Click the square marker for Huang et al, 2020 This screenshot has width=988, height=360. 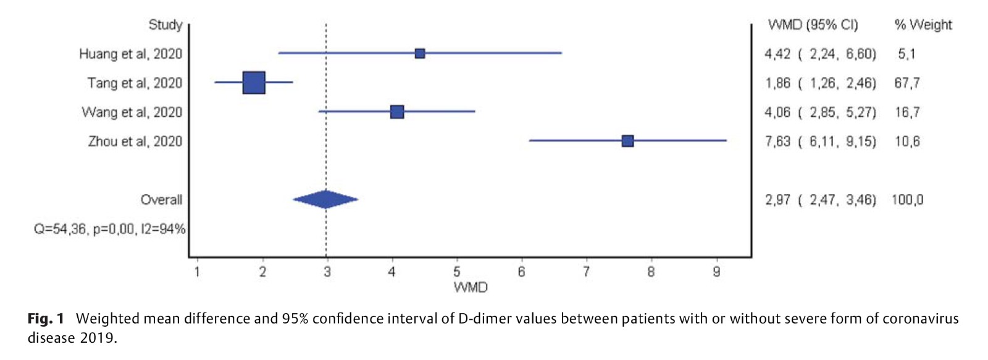click(420, 54)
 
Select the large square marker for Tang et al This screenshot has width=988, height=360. click(254, 83)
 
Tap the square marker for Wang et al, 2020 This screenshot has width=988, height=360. click(397, 112)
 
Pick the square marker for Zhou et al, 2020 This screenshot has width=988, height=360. click(627, 141)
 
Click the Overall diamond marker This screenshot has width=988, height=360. click(325, 199)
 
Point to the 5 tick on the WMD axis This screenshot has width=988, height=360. click(457, 272)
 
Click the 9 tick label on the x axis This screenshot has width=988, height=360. click(716, 272)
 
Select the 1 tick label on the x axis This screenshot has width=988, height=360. click(197, 272)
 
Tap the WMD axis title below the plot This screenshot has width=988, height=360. click(471, 287)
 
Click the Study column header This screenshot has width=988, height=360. click(165, 25)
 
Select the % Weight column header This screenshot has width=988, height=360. click(923, 25)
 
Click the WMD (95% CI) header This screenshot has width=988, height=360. click(813, 25)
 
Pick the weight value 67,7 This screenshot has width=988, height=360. click(906, 83)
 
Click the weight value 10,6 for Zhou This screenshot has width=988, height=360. click(907, 141)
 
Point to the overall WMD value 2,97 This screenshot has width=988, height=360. click(777, 199)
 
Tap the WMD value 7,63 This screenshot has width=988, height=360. click(777, 141)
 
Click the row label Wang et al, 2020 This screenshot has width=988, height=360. click(132, 112)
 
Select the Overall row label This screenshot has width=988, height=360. click(161, 199)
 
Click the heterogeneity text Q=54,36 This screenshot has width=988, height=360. click(61, 229)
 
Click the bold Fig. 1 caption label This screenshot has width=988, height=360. click(46, 319)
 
